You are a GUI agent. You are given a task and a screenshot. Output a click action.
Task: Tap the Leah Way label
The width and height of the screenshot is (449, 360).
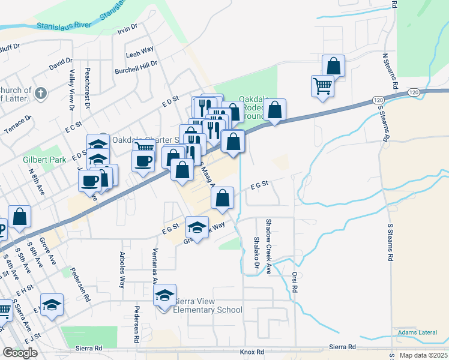[139, 52]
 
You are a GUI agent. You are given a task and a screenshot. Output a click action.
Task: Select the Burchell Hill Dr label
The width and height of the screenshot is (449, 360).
[136, 67]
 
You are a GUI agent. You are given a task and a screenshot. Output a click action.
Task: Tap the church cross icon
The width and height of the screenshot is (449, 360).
[40, 93]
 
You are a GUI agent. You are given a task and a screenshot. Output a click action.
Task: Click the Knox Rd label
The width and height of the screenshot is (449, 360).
[252, 351]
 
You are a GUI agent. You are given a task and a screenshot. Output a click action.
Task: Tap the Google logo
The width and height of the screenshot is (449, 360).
[20, 353]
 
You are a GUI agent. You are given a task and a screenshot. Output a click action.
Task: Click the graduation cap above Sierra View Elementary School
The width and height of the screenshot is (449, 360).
[164, 295]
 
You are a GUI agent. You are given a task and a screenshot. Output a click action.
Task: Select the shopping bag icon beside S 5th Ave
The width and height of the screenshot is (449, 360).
[20, 217]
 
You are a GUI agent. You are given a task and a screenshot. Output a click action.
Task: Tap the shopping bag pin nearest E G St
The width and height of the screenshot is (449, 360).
[222, 198]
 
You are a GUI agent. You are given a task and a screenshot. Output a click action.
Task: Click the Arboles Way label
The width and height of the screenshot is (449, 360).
[122, 272]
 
